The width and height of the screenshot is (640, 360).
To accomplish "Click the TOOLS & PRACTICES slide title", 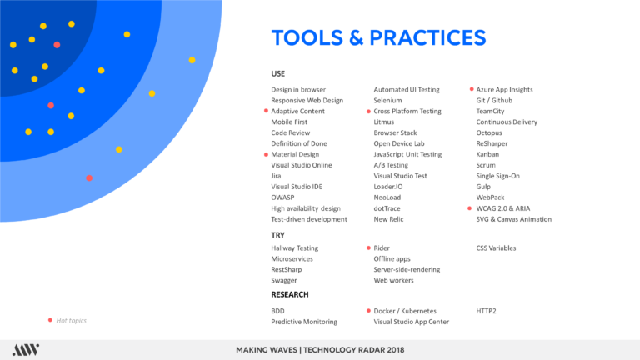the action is click(379, 38).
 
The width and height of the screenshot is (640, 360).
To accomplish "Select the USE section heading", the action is click(278, 74).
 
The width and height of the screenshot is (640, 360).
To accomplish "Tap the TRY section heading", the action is click(277, 235).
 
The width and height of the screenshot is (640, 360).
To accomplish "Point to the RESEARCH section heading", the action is click(290, 295).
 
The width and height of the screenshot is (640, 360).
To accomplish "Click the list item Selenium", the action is click(387, 100).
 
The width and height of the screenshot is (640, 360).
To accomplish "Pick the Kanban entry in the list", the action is click(487, 154).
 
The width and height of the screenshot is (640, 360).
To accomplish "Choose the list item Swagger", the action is click(284, 280).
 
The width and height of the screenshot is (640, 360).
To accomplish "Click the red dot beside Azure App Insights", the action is click(472, 89).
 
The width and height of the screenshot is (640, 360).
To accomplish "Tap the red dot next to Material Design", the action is click(266, 154).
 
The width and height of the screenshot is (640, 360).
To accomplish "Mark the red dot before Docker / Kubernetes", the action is click(368, 311).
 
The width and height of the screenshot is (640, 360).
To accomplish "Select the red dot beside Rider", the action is click(368, 247).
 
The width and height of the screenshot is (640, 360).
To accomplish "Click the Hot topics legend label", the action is click(71, 320).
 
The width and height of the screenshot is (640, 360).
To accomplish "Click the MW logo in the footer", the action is click(26, 350).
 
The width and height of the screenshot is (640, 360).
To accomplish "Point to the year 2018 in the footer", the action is click(396, 350).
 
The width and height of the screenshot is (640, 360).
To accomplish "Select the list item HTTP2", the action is click(486, 311).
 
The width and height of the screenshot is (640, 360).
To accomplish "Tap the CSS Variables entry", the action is click(496, 248).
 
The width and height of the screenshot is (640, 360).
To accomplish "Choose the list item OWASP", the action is click(282, 197).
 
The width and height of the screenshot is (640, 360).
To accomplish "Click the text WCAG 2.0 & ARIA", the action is click(502, 208).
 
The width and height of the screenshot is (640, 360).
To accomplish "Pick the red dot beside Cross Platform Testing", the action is click(368, 111).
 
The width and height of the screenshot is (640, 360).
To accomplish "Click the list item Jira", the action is click(276, 176).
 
